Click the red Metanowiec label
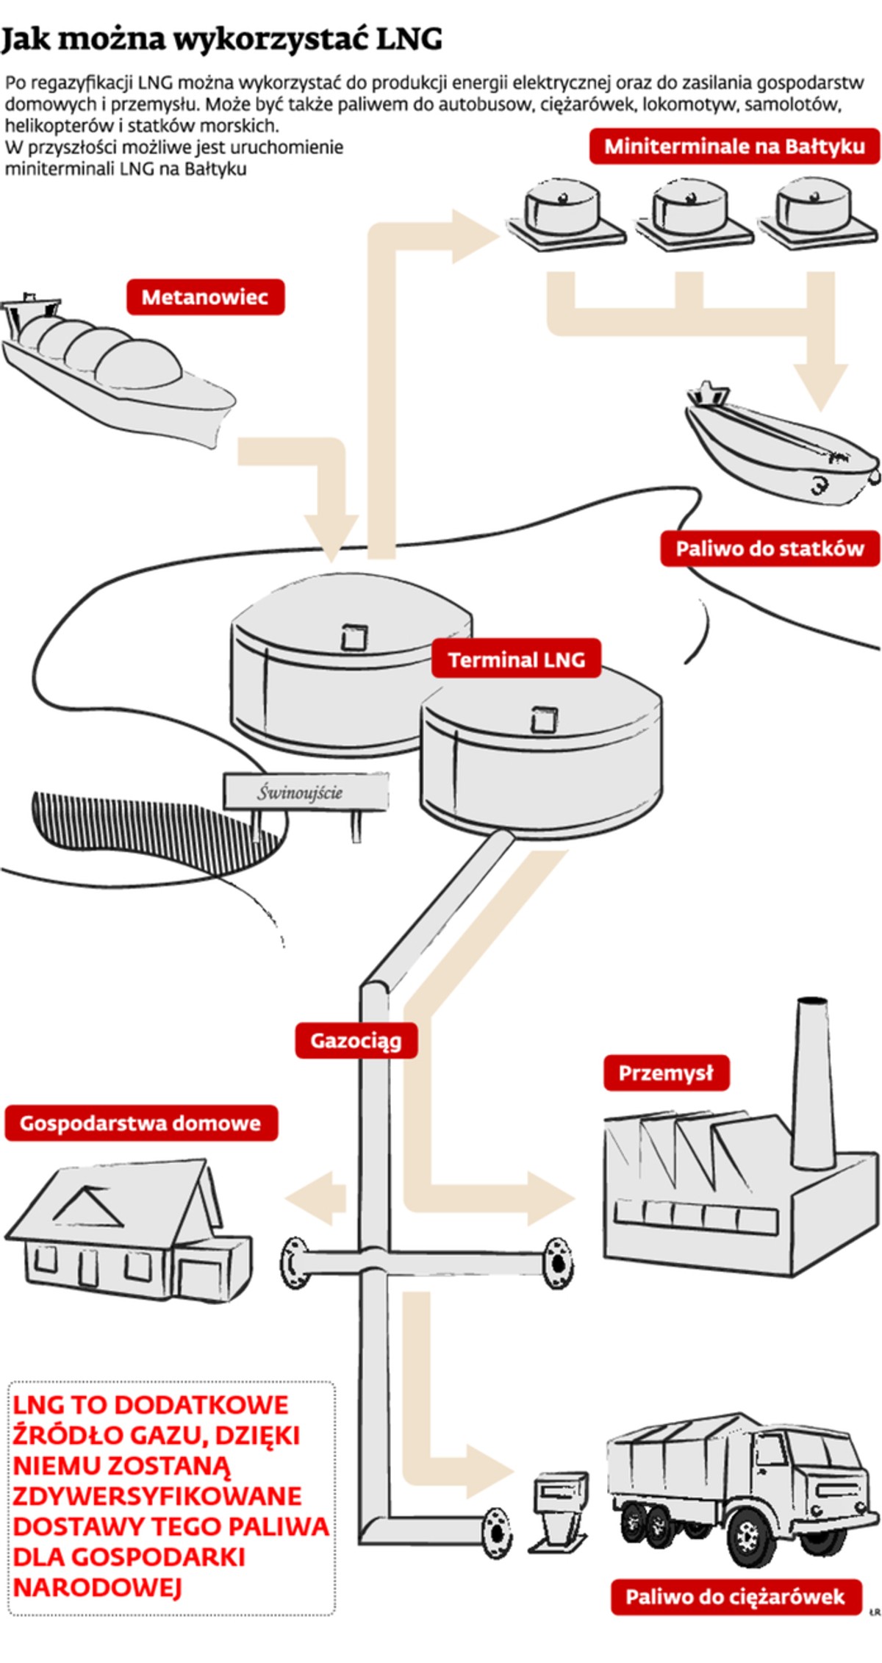click(205, 297)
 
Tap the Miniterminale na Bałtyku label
click(734, 146)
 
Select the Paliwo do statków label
click(770, 548)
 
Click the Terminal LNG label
click(516, 659)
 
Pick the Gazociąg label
click(356, 1041)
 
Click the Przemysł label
click(666, 1073)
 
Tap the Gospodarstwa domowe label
click(140, 1123)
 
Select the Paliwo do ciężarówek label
click(735, 1596)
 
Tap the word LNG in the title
click(409, 38)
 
